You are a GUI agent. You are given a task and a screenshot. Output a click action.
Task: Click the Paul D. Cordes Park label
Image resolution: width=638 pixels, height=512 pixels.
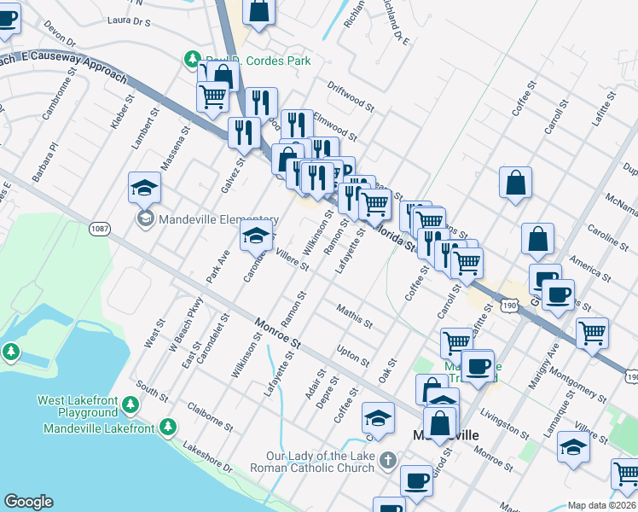coord(257,61)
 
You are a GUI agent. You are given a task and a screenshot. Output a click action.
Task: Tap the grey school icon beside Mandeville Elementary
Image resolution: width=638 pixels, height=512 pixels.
coord(144,219)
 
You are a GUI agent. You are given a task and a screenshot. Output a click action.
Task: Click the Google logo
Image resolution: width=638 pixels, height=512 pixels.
coord(28,502)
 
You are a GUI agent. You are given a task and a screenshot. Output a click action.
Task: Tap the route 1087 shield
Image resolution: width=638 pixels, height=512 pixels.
coord(98,229)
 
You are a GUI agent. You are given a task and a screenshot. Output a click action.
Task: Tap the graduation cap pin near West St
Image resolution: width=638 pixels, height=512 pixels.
coord(144,187)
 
